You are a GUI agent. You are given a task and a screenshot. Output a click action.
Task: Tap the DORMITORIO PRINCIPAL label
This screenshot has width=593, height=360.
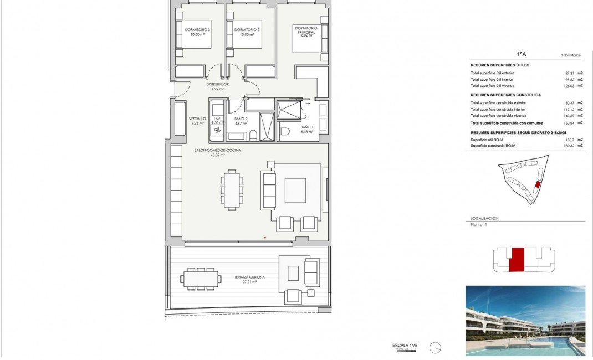coord(305,30)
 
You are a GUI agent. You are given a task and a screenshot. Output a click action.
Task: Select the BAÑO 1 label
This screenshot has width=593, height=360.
coord(306,128)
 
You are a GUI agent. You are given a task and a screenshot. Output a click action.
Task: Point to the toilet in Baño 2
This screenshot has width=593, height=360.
coord(253,135)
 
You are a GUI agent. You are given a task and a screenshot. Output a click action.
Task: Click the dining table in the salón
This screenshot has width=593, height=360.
coord(232,189)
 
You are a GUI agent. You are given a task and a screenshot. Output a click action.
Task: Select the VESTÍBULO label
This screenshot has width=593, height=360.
coord(197,119)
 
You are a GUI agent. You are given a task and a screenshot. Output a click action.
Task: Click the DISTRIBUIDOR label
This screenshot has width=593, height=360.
coord(218,84)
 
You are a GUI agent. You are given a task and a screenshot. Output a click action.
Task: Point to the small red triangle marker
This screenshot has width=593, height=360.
coord(265,238)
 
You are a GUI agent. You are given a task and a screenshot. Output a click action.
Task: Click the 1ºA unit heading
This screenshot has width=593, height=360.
coord(522,55)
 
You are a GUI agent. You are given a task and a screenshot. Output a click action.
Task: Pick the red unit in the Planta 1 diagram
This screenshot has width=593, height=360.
coord(517,260)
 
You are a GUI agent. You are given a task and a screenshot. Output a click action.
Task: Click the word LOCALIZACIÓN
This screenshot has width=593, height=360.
coord(484,218)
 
